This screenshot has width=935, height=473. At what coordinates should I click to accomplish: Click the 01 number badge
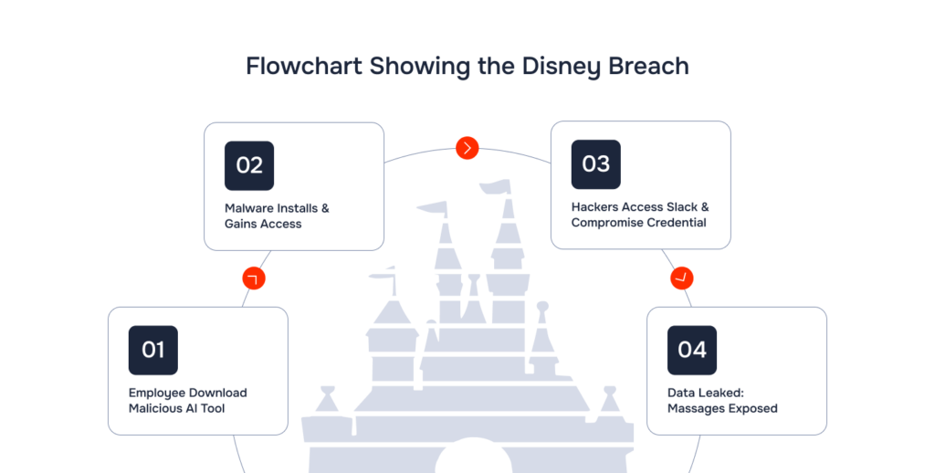[153, 350]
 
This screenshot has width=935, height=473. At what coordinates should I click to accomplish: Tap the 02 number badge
[249, 166]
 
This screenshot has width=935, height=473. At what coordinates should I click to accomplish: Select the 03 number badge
[595, 164]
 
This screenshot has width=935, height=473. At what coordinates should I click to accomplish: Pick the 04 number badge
[692, 350]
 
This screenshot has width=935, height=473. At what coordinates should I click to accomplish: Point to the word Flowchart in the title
[303, 66]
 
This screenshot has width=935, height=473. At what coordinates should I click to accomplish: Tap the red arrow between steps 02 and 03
[467, 148]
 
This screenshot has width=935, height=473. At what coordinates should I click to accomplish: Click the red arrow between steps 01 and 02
[254, 279]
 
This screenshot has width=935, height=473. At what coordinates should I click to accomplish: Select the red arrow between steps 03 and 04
[681, 278]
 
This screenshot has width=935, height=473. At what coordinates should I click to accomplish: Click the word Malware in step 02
[247, 208]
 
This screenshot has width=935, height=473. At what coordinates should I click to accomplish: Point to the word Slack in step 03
[682, 207]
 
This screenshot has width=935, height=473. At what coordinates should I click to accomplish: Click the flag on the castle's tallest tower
[496, 186]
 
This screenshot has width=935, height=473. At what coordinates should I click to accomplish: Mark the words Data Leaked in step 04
[706, 393]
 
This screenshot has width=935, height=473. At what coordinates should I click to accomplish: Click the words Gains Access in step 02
[263, 224]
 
